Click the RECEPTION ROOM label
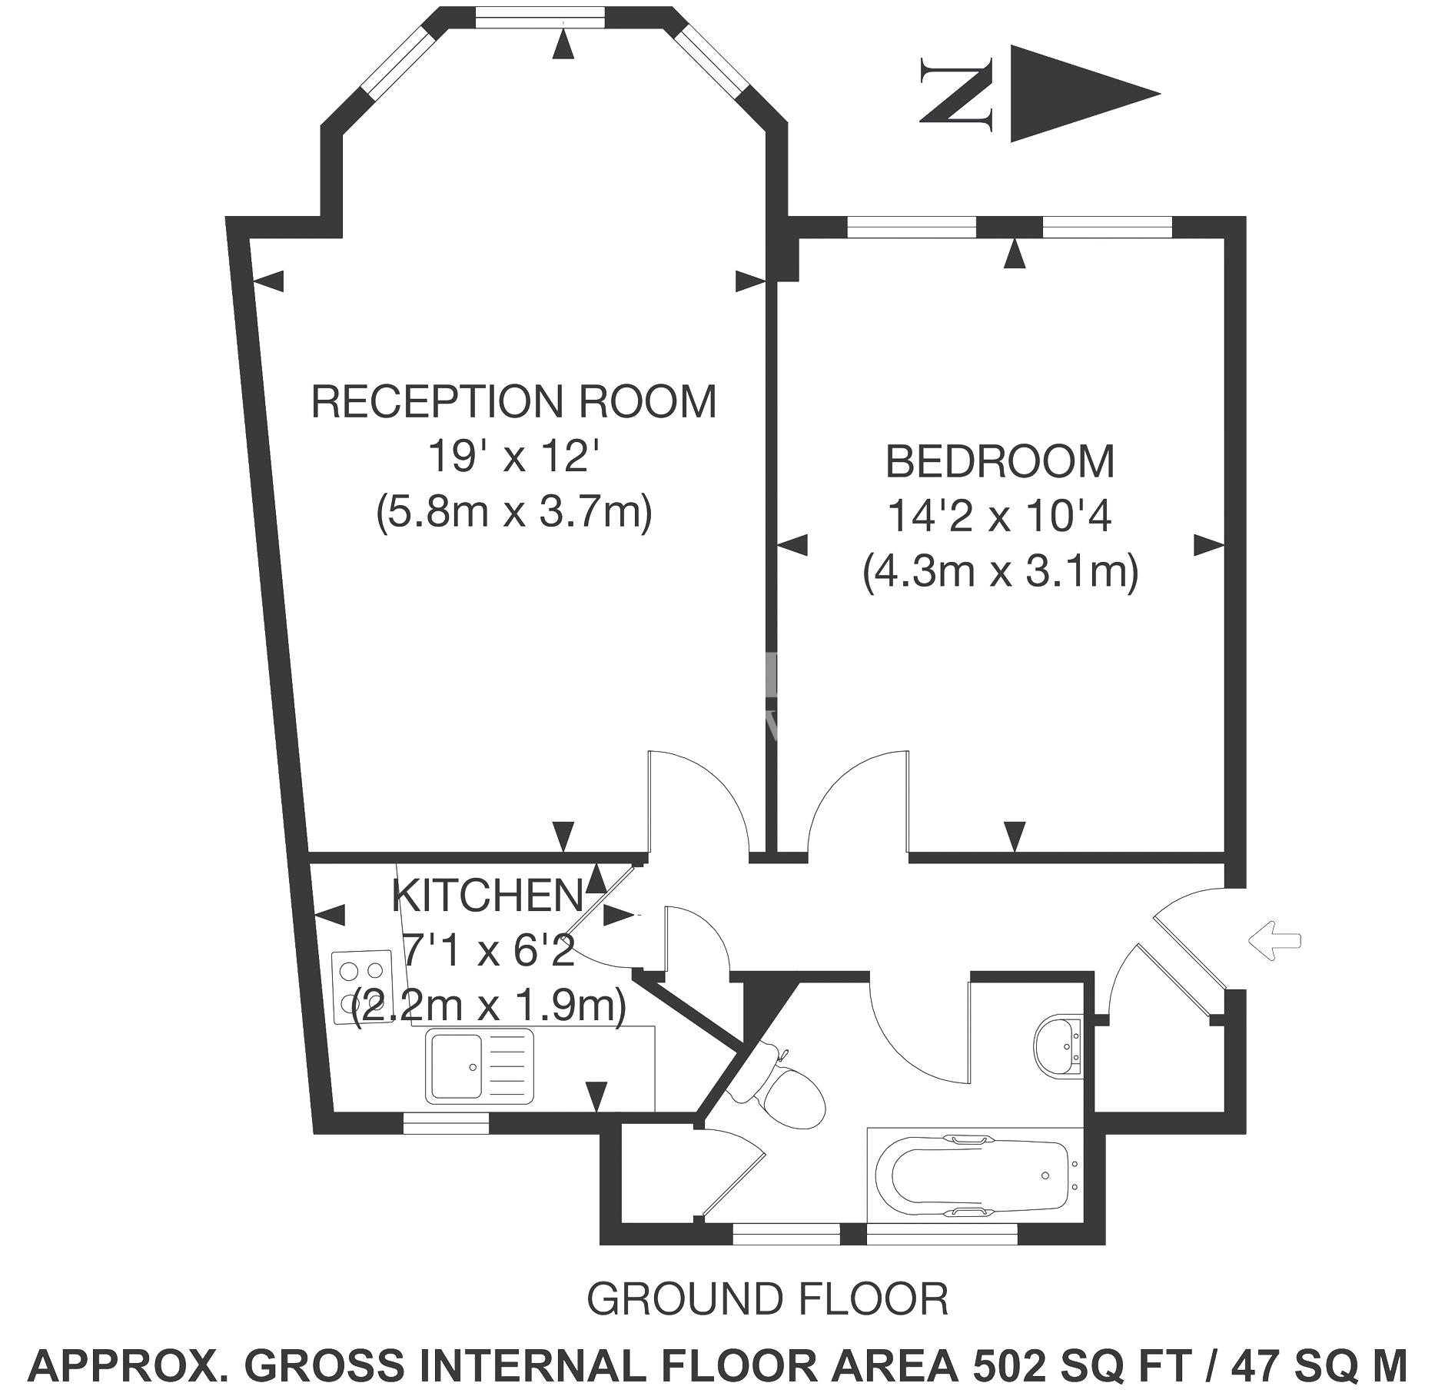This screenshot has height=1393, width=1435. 513,401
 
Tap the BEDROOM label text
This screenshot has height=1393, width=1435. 1000,461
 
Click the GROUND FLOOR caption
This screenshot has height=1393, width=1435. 767,1298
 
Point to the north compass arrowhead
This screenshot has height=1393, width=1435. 1085,94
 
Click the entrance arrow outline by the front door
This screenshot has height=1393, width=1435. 1274,939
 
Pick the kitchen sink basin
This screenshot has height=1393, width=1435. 456,1066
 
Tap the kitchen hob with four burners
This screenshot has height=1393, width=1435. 362,986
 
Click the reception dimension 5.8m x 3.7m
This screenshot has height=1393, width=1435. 513,511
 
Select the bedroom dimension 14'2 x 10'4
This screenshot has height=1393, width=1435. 1000,516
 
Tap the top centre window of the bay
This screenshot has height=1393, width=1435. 539,16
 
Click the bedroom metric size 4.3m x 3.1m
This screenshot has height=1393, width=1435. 1000,572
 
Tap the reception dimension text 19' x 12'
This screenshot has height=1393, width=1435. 513,457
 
